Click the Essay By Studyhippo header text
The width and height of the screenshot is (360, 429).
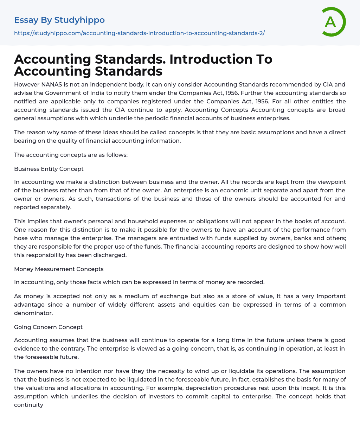point(59,20)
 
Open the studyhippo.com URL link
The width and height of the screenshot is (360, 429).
point(139,33)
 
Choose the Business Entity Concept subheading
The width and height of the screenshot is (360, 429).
point(49,169)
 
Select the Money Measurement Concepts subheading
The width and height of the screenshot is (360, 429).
point(59,269)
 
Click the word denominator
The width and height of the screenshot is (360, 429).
point(33,313)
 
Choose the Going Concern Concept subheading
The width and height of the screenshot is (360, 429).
point(49,327)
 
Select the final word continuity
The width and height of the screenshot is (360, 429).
point(28,405)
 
